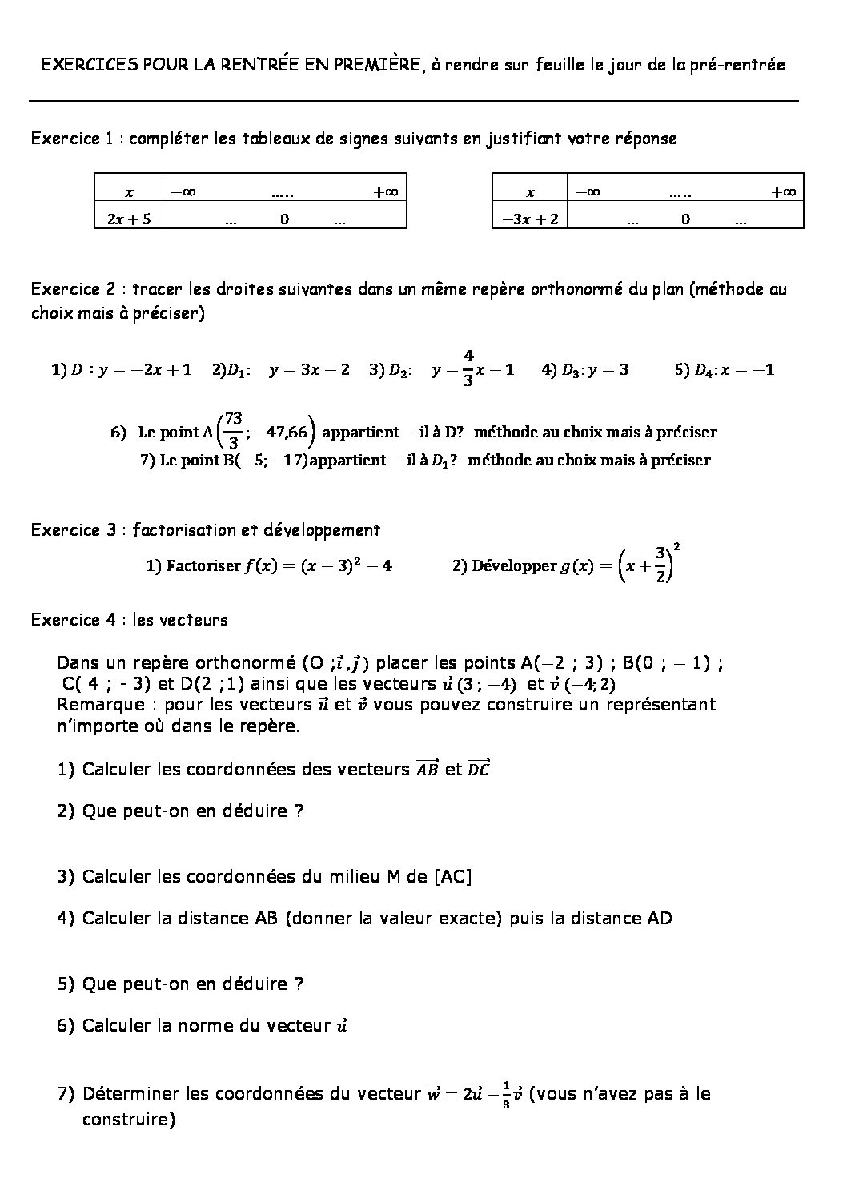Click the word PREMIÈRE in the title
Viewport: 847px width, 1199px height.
pyautogui.click(x=377, y=65)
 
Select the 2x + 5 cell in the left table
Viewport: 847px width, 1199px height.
pyautogui.click(x=128, y=219)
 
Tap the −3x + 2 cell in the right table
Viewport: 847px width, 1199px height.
pyautogui.click(x=530, y=219)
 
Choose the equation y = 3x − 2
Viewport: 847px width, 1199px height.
pyautogui.click(x=309, y=370)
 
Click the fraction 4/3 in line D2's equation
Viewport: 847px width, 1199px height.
pyautogui.click(x=468, y=368)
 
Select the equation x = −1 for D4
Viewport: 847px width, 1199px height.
pyautogui.click(x=747, y=370)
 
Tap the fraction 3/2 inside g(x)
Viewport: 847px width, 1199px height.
pyautogui.click(x=660, y=565)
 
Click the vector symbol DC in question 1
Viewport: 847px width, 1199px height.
pyautogui.click(x=478, y=769)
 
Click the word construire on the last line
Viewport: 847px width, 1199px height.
pyautogui.click(x=128, y=1119)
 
